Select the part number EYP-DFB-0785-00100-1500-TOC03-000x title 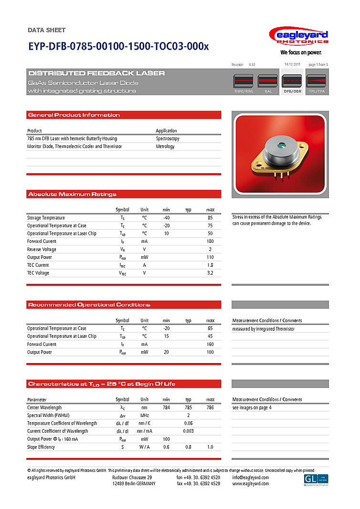[x=118, y=47]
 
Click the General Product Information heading [x=74, y=115]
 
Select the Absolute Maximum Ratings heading [x=72, y=194]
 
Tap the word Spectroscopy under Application [x=168, y=138]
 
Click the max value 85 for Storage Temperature [x=210, y=218]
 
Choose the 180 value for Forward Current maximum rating [x=210, y=241]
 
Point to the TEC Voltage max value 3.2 [x=210, y=273]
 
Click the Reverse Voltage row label [x=42, y=249]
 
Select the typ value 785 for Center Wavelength [x=189, y=408]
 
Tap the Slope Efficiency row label [x=41, y=447]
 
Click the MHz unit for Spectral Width [x=144, y=416]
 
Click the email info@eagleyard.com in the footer [x=251, y=478]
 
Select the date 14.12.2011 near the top [x=292, y=64]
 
